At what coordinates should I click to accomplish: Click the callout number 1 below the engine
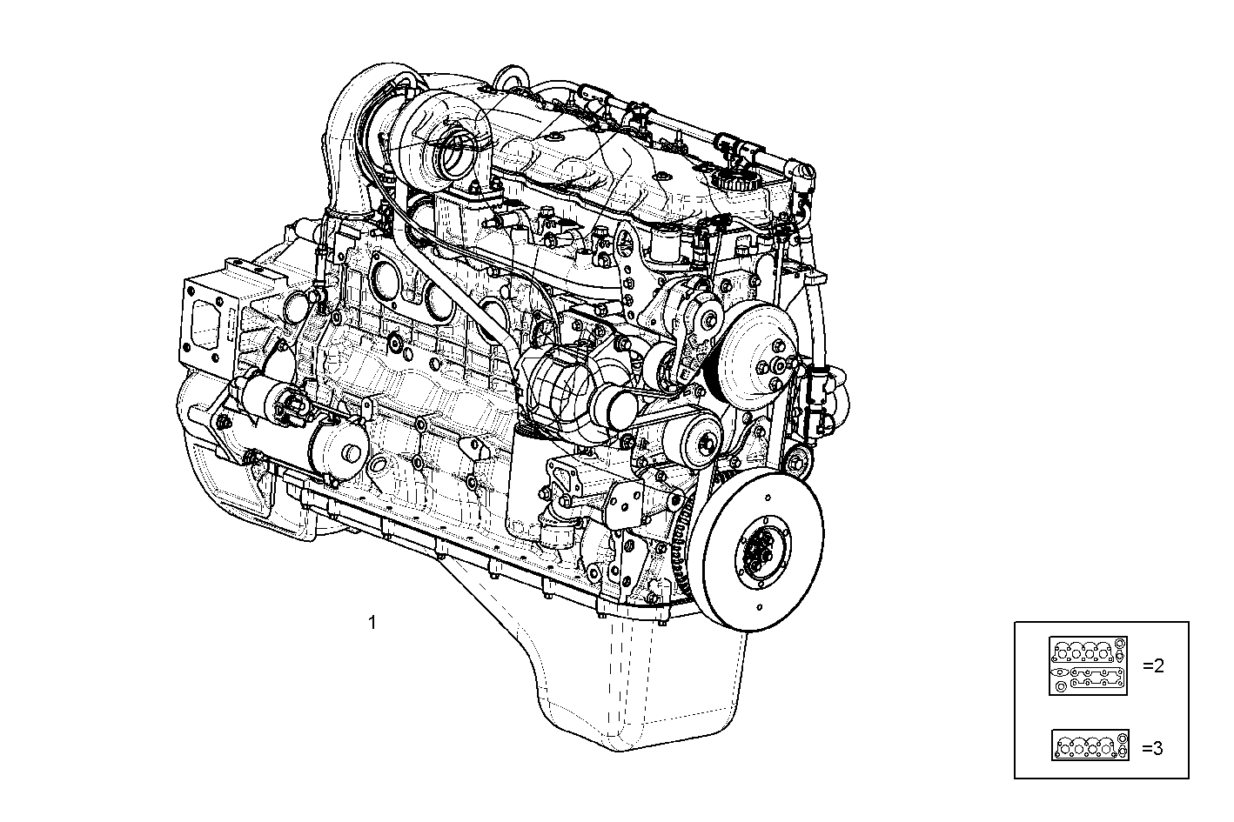[372, 623]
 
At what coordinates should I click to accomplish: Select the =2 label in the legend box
[1152, 666]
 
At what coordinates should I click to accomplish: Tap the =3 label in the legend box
[1152, 747]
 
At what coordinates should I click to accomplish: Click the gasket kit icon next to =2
[1088, 666]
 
